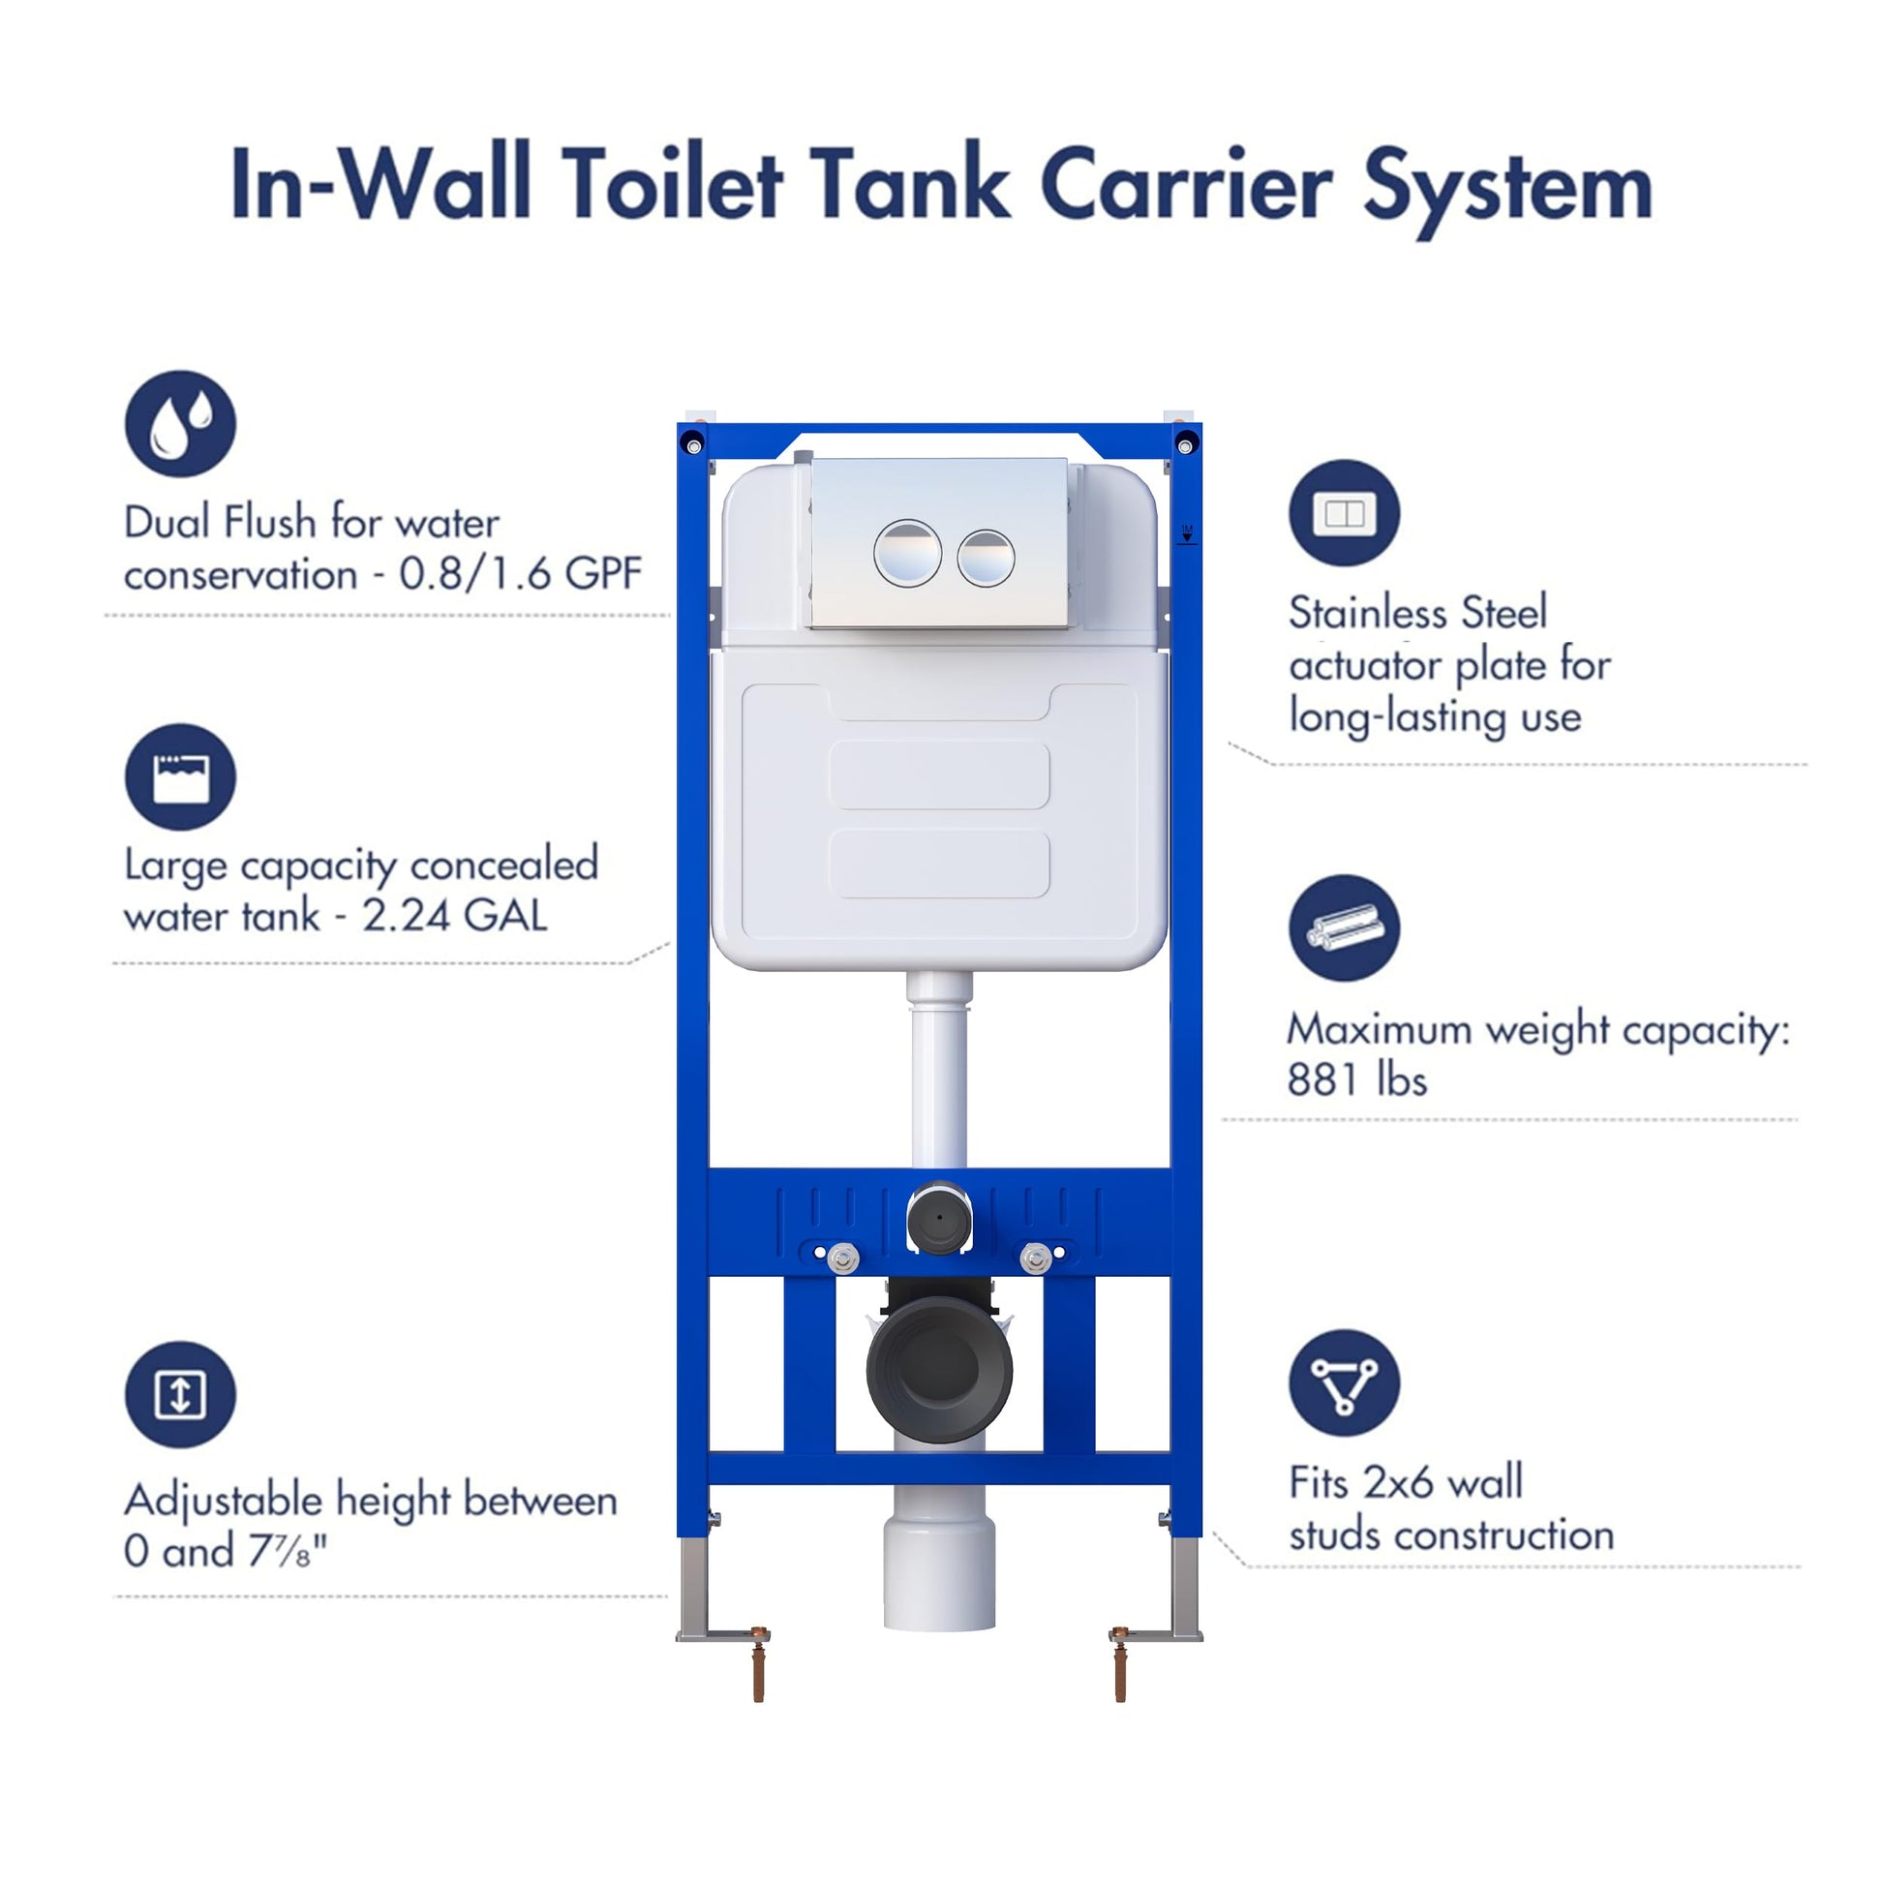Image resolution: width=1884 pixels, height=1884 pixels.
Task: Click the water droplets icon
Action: pos(180,423)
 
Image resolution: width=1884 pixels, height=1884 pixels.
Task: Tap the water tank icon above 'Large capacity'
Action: pos(180,777)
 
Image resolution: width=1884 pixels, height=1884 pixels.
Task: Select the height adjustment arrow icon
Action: pos(180,1394)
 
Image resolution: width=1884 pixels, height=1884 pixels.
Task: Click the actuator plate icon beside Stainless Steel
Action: pos(1344,513)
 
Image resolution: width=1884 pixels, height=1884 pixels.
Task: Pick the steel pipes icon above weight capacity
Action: pos(1344,927)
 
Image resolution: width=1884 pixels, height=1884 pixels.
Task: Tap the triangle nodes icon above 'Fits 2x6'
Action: pos(1344,1383)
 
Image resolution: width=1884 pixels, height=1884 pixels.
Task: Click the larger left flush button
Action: pos(907,553)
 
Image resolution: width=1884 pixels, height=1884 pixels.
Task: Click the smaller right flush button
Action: pos(986,558)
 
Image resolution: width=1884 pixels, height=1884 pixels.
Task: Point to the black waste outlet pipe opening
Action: pos(939,1370)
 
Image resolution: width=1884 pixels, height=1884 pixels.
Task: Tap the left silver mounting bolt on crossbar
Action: pos(842,1258)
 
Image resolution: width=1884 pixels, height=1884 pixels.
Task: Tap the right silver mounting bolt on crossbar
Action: pos(1035,1258)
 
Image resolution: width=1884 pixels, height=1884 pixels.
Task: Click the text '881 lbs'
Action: pos(1356,1080)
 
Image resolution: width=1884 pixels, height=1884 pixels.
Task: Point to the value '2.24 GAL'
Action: pos(454,916)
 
